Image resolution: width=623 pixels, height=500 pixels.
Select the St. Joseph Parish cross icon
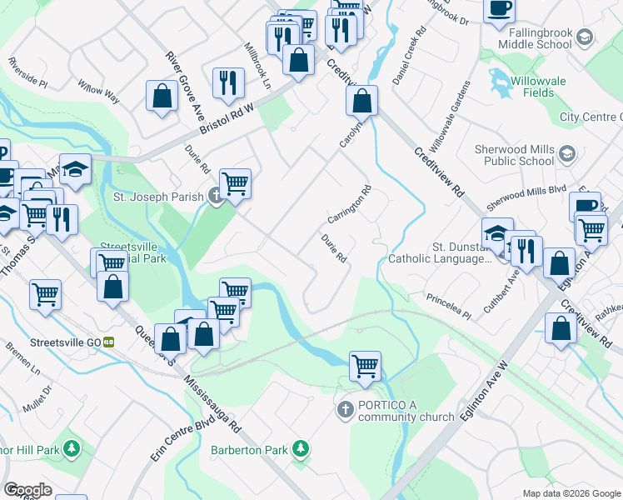215,197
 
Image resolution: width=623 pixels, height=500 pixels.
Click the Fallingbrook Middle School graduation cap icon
585,37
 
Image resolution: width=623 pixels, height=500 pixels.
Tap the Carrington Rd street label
348,205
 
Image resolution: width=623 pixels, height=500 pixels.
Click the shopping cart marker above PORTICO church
365,366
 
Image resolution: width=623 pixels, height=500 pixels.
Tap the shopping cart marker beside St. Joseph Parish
236,182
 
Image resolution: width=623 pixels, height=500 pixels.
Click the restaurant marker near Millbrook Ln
227,82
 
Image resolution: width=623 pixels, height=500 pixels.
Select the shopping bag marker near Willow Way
162,95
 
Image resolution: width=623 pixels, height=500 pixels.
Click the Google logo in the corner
27,490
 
